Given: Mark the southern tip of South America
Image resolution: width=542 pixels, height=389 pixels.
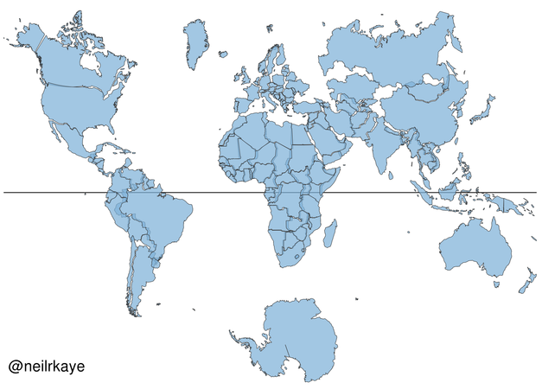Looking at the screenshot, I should click(134, 312).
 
